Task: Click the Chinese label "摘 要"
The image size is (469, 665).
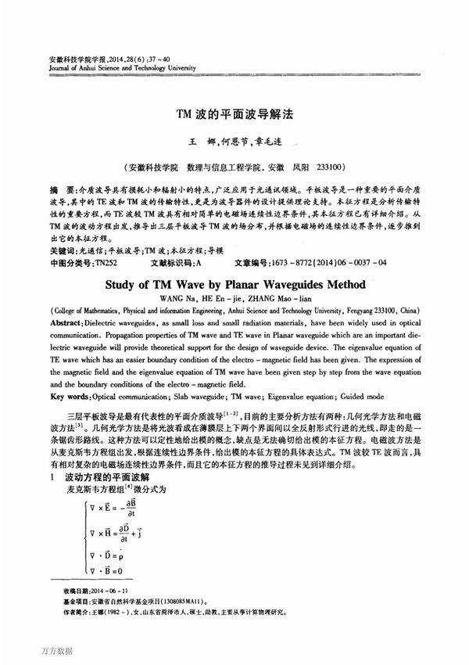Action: pyautogui.click(x=59, y=191)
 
